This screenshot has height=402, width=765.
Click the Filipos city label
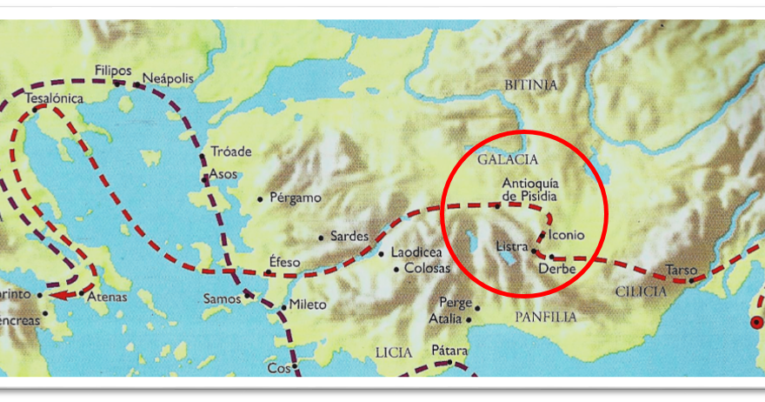tap(113, 70)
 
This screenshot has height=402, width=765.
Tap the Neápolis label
tap(166, 77)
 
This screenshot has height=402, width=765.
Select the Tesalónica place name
tap(54, 98)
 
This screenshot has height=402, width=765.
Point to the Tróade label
tap(231, 151)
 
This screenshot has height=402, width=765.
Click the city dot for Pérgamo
tap(261, 199)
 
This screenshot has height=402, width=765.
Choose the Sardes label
tap(349, 237)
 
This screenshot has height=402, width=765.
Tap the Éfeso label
tap(284, 260)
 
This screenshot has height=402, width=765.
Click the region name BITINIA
tap(530, 84)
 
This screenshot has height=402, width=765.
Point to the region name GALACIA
tap(509, 160)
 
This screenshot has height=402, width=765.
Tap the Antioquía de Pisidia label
tap(529, 190)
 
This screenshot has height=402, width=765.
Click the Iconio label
tap(567, 235)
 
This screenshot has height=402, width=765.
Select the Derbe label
tap(556, 269)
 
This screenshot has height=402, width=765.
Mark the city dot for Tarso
tap(691, 280)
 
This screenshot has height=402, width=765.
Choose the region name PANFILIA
tap(545, 317)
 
